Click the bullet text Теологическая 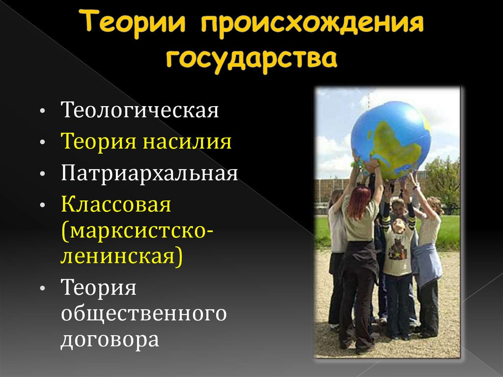(140, 110)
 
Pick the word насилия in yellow (187, 142)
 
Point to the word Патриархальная (150, 174)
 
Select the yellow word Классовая (116, 205)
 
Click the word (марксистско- (137, 230)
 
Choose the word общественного (143, 313)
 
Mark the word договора (110, 340)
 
